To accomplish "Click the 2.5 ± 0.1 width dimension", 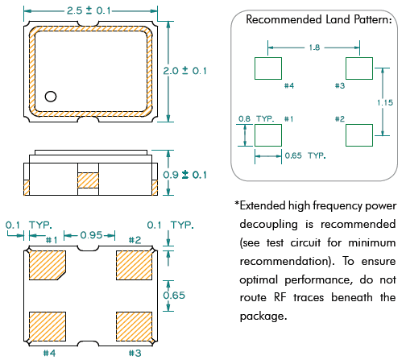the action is point(89,10).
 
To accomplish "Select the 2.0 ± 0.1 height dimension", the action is point(184,71).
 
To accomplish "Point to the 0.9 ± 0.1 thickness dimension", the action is point(184,175).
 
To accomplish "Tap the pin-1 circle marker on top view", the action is point(51,97).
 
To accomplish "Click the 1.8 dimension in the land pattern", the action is point(314,48).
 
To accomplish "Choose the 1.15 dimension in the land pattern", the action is point(385,102).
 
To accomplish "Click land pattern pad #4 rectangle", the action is point(268,68).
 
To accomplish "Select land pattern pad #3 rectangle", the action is point(359,68).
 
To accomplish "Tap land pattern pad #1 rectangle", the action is point(268,135).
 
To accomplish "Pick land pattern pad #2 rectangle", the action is point(359,135).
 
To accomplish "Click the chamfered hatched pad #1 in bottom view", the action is point(47,266).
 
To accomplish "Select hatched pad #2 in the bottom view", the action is point(134,266).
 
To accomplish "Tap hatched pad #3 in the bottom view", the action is point(134,326).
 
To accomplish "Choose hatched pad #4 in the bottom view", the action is point(48,326).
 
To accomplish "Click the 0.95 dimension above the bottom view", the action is point(91,235).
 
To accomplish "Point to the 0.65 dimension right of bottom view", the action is point(174,296).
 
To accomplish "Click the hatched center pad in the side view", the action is point(88,180).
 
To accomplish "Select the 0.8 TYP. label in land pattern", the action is point(256,118).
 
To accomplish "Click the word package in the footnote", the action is point(263,316).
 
